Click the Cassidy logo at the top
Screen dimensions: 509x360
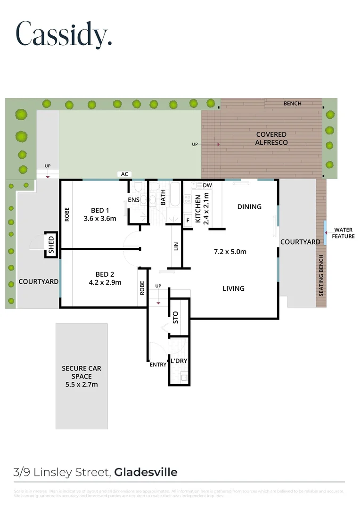pos(64,33)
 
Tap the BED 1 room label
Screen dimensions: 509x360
pos(99,210)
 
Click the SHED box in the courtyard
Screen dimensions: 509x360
pos(51,245)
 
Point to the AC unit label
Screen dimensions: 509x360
pos(124,174)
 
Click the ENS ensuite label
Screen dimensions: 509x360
pos(133,200)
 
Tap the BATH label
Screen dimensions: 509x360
pos(163,200)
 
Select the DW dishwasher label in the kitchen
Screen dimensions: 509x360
pos(207,185)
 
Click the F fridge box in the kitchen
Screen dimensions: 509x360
pos(188,221)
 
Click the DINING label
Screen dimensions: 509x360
pos(249,206)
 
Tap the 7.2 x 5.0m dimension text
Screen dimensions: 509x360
pos(230,251)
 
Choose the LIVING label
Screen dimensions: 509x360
pos(233,288)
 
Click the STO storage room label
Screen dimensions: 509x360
pos(176,318)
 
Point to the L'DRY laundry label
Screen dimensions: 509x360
pos(179,361)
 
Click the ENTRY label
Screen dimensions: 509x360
pos(158,364)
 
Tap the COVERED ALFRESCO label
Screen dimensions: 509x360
pos(271,138)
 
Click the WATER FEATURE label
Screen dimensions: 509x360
pos(343,233)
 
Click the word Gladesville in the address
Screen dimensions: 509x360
pos(146,472)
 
